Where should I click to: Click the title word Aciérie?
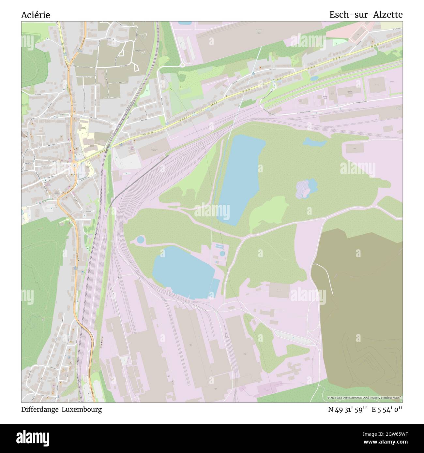coord(36,15)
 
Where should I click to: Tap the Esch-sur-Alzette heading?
coord(366,15)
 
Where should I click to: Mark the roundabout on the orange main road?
coord(75,164)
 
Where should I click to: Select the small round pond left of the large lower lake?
coord(140,240)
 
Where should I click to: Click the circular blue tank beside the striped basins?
coord(222,253)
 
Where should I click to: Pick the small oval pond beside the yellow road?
coord(314,79)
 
